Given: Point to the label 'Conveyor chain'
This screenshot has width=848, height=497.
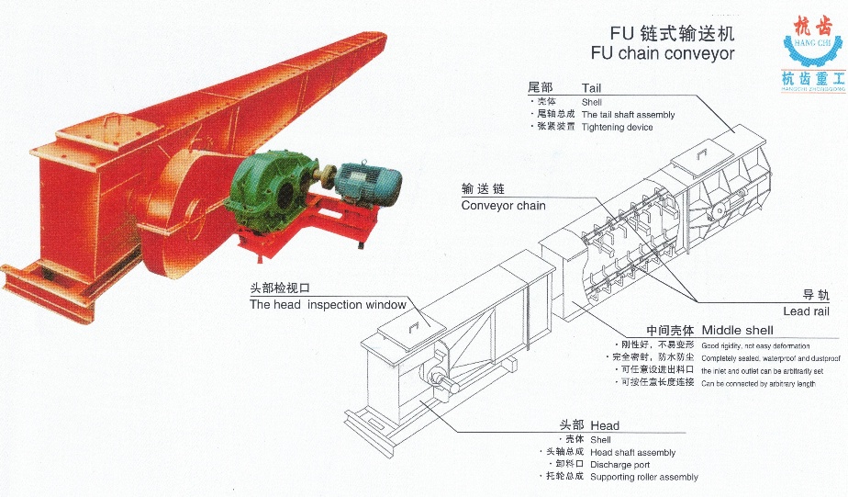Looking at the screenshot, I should point(503,206).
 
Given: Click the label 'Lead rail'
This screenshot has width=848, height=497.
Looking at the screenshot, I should point(805,311).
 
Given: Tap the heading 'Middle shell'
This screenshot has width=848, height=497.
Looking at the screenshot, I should point(737,330).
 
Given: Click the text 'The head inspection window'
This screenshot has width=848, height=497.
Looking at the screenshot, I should point(328,305).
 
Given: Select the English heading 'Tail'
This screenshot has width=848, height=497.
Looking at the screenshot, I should point(592,88).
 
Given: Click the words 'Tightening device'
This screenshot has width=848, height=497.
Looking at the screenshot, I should point(617,127).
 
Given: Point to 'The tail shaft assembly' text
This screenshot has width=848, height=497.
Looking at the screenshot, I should point(628,115).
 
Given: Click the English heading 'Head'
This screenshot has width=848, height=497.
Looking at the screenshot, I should point(605,426).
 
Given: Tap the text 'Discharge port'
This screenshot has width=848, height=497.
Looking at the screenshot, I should point(619,465).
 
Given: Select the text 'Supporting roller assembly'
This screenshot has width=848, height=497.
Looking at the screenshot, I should point(643,477).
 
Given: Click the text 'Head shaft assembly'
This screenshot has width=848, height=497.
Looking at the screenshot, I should point(632,452).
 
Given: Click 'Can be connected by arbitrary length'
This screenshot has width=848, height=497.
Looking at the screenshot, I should point(757,383).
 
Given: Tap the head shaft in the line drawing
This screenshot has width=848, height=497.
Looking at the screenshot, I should point(429,375).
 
